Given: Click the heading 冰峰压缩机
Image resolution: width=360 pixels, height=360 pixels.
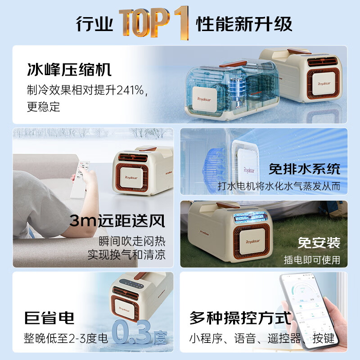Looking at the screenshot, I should [x=69, y=71].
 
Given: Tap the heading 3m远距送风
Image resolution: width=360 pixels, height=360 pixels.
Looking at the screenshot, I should [x=117, y=221].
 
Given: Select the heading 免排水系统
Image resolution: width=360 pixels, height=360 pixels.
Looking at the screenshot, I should [x=304, y=169].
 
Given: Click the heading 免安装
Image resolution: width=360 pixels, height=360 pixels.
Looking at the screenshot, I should [x=319, y=243].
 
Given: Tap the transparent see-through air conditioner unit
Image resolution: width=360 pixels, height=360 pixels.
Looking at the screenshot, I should [x=220, y=90].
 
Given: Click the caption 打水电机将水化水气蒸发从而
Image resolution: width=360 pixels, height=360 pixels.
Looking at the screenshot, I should [x=279, y=186].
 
